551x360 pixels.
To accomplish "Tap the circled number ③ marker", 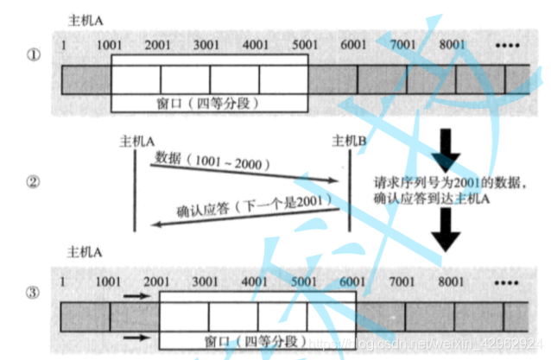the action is pos(33,292).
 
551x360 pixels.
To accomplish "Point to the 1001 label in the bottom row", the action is pos(110,281).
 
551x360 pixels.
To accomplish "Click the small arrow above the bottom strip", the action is pos(136,296).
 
